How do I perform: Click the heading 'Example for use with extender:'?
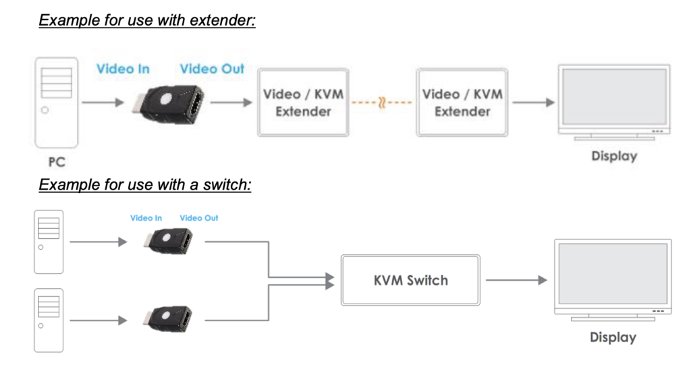147,20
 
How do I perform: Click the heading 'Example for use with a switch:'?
145,184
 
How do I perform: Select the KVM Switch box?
410,279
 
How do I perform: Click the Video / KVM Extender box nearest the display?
462,103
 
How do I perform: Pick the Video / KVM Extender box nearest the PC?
303,103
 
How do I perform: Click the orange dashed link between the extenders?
382,103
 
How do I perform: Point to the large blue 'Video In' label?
123,69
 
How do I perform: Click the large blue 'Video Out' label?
212,69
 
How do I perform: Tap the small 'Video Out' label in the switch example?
199,218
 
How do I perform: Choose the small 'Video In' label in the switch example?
146,218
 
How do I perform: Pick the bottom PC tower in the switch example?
49,320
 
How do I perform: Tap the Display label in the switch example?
613,337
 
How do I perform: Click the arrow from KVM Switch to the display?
516,279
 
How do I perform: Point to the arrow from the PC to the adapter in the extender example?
103,103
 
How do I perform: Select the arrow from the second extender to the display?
533,103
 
